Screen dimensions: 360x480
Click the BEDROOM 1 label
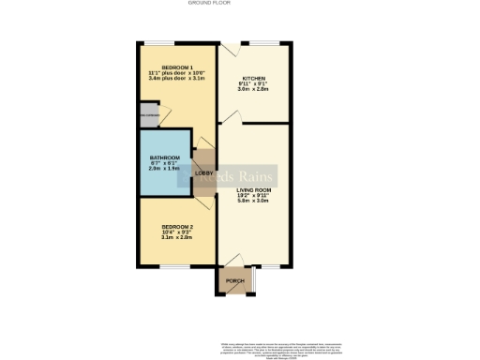coord(177,67)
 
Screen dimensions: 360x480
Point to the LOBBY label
coord(203,173)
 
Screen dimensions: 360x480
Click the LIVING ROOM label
coord(254,189)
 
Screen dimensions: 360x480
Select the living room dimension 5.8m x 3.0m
coord(254,201)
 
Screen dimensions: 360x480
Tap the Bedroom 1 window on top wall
coord(158,42)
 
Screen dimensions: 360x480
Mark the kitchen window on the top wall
coord(266,42)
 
